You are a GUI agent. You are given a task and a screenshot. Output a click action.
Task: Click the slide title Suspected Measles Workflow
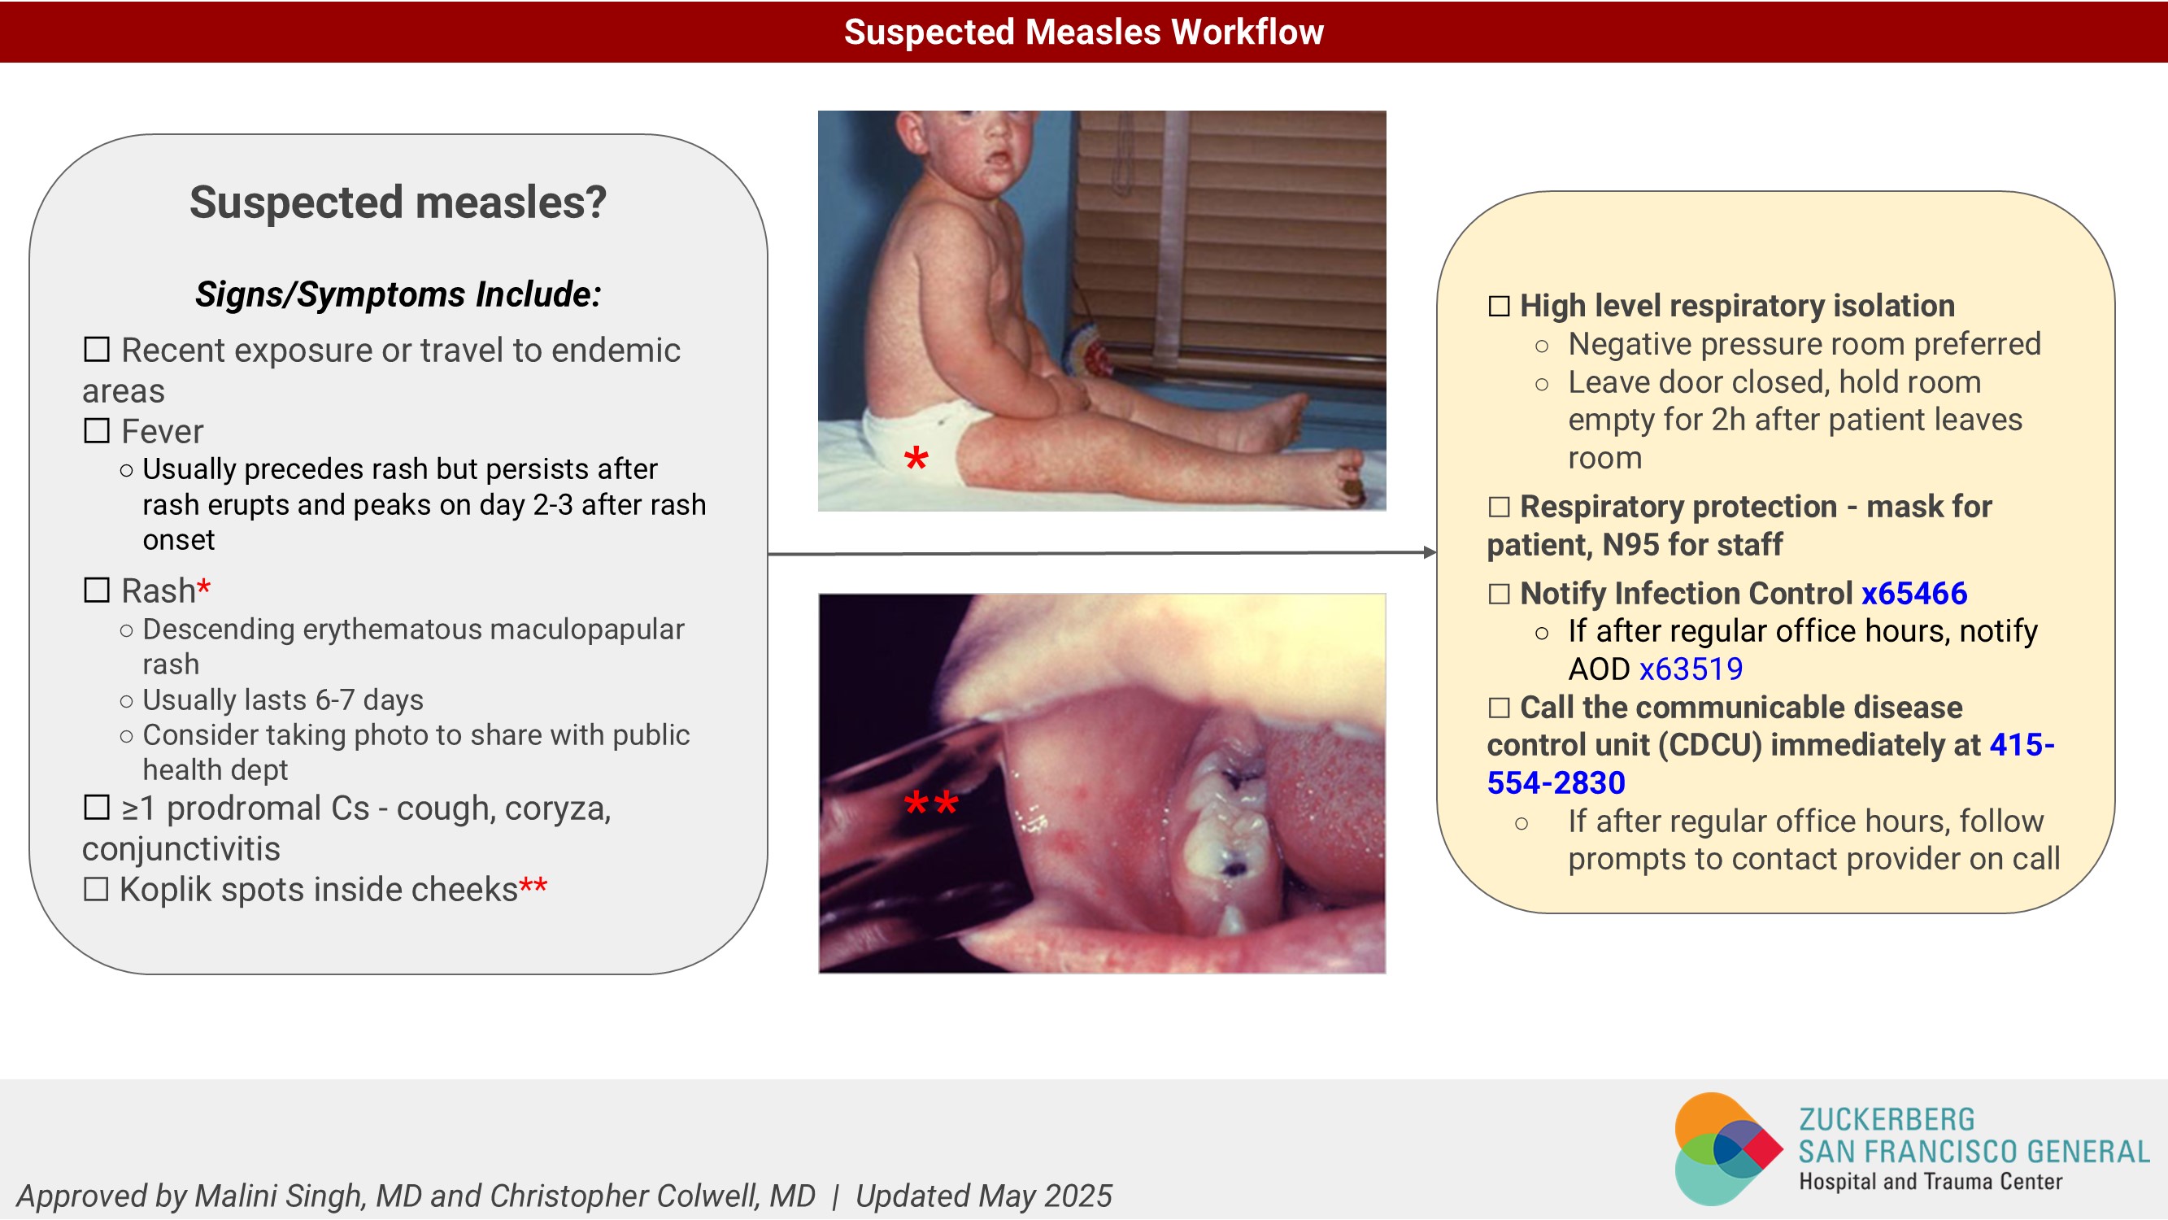(x=1083, y=32)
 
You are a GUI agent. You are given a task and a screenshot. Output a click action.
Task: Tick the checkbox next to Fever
(x=97, y=430)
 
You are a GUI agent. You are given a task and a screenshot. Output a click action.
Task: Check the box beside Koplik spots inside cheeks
(x=96, y=888)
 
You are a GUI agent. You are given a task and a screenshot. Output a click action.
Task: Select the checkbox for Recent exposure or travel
(x=97, y=349)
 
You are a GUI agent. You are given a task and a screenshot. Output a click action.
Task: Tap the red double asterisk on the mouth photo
(x=931, y=803)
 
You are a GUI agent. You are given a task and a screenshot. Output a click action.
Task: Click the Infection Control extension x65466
(x=1913, y=593)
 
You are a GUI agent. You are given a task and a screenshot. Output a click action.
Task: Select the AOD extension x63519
(x=1691, y=669)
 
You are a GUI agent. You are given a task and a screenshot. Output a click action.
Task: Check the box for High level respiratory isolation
(x=1499, y=305)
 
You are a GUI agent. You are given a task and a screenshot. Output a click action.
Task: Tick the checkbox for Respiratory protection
(x=1499, y=506)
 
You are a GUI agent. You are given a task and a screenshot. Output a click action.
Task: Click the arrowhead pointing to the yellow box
(x=1430, y=552)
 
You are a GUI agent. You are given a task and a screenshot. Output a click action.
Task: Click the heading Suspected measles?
(x=398, y=202)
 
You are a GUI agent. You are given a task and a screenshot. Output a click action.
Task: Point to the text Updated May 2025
(x=984, y=1196)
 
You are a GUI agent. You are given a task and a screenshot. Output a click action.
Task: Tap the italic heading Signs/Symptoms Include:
(x=398, y=294)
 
